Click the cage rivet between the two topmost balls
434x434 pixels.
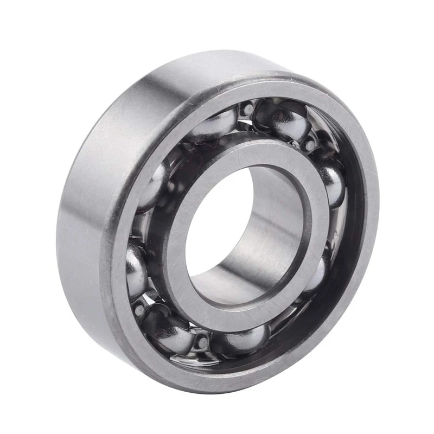248,110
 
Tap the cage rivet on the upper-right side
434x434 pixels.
309,145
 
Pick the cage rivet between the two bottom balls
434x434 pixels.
202,342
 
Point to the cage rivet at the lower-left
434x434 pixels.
139,309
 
